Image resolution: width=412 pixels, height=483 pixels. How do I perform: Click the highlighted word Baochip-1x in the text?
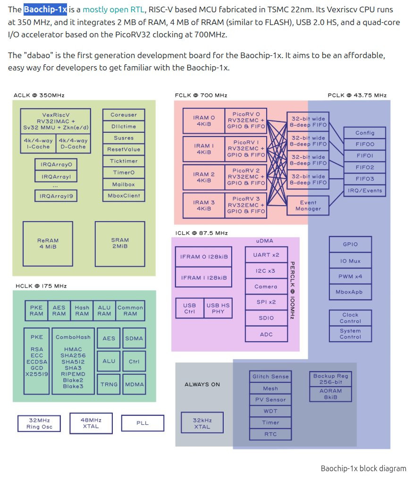(x=45, y=9)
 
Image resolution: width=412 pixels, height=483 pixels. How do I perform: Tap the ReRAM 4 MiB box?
(x=48, y=243)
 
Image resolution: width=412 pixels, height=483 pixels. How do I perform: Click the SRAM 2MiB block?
(x=119, y=243)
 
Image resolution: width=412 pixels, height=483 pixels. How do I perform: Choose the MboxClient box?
(x=123, y=196)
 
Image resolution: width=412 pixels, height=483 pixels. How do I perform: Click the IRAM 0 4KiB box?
(x=203, y=121)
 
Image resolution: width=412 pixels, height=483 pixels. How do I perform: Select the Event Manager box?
(x=308, y=206)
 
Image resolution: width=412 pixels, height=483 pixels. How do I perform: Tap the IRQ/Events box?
(x=365, y=190)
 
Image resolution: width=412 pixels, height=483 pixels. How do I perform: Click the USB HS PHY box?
(x=218, y=308)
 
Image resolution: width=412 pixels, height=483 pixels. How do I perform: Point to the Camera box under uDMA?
(x=266, y=286)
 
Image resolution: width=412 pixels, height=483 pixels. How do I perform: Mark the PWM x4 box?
(x=351, y=276)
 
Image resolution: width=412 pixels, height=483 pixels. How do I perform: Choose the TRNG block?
(x=109, y=384)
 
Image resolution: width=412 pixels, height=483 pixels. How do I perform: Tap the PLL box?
(x=143, y=423)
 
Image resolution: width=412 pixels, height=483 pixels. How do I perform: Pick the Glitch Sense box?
(x=270, y=377)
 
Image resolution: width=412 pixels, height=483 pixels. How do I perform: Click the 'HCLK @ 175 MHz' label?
(x=41, y=286)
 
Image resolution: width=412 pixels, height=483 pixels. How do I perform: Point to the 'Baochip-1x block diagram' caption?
(x=363, y=468)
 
